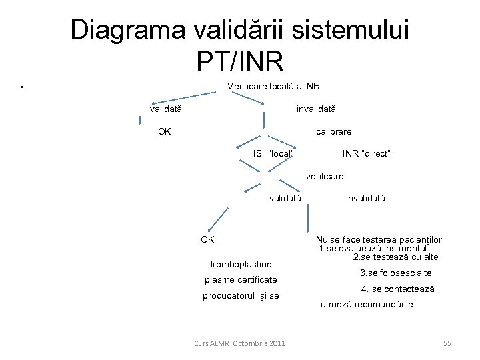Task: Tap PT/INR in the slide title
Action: (240, 61)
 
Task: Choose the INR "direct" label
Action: (366, 154)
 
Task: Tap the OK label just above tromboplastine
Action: (207, 239)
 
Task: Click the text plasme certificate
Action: (240, 279)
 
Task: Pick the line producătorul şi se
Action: (241, 295)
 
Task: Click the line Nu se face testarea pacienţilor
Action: (380, 240)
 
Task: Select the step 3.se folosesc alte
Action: (395, 273)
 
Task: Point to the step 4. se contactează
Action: (397, 289)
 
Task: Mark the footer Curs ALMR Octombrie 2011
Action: (239, 343)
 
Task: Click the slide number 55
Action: (447, 343)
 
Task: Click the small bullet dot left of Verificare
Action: (23, 87)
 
